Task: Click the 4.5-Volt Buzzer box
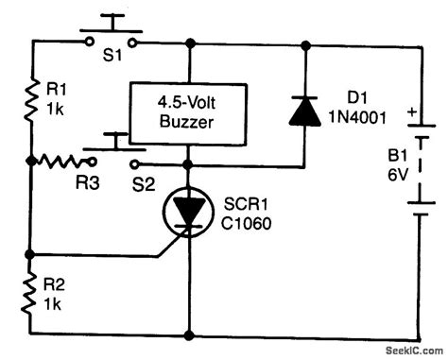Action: click(190, 110)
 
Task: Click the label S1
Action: click(112, 60)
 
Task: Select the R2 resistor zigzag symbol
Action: click(30, 292)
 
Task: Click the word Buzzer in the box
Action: click(190, 120)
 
